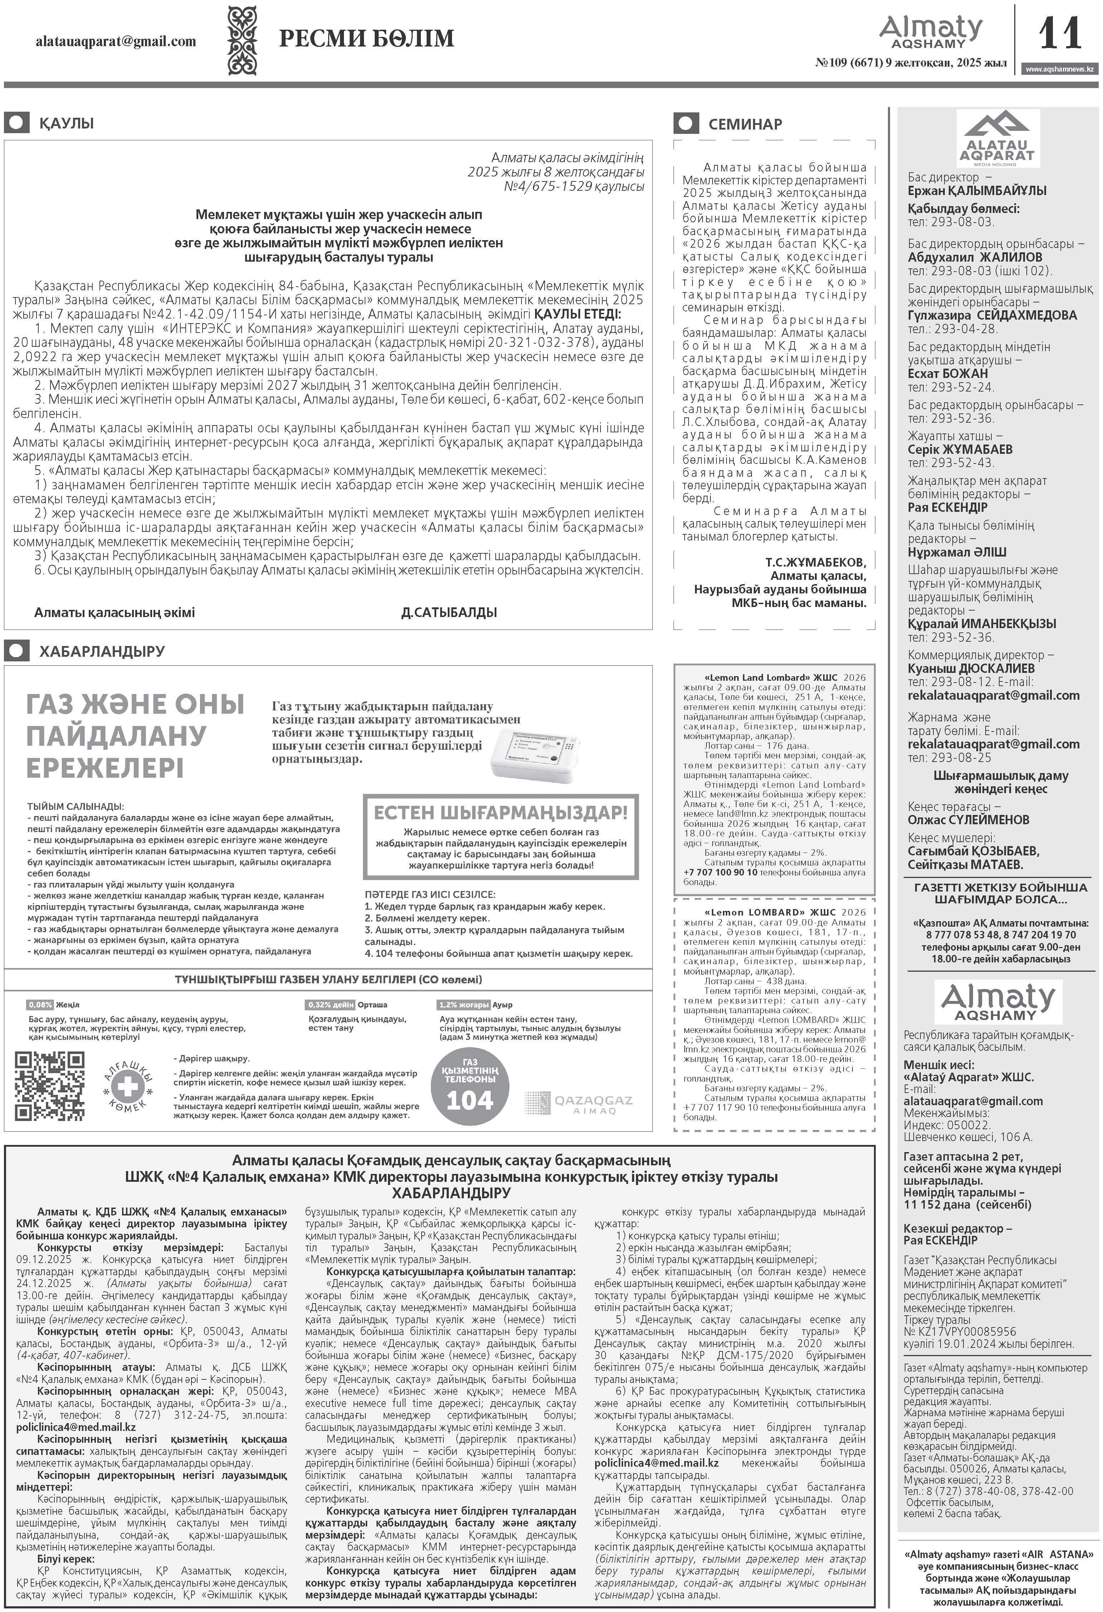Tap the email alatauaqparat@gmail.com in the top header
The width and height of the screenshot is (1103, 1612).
coord(116,42)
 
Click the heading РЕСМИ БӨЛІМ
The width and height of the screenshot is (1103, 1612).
coord(366,39)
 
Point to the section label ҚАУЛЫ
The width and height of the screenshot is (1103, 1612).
coord(66,123)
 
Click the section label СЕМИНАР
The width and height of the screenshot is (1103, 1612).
coord(745,124)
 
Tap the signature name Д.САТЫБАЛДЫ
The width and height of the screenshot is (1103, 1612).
coord(449,612)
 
